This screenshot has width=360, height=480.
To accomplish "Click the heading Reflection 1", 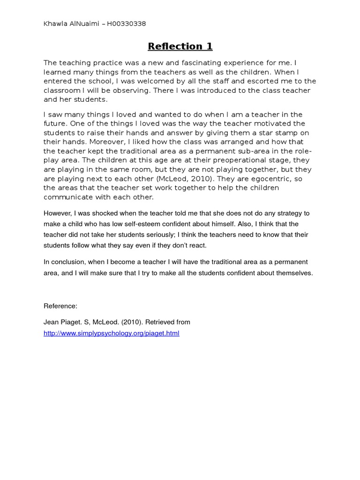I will click(180, 46).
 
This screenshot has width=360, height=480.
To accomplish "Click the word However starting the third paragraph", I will click(58, 213).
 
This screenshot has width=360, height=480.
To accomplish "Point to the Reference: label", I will click(60, 306).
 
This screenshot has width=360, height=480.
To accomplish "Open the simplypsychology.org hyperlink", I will click(112, 333).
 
